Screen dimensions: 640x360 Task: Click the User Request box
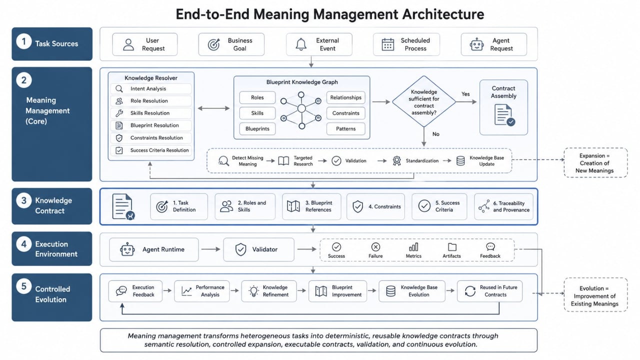(x=145, y=44)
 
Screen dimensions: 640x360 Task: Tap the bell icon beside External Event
(x=301, y=44)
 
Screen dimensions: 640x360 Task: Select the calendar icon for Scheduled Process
(x=387, y=44)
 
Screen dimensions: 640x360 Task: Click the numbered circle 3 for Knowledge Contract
(x=23, y=200)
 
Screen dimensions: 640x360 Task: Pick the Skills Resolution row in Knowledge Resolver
(x=151, y=113)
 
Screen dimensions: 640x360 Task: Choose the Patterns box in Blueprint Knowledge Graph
(x=345, y=128)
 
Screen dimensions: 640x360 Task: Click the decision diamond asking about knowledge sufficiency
(x=423, y=101)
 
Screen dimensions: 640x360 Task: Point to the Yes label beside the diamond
(x=465, y=94)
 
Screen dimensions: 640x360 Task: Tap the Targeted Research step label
(x=303, y=161)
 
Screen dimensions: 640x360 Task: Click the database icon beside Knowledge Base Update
(x=460, y=161)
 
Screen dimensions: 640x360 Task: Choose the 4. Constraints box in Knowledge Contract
(x=375, y=206)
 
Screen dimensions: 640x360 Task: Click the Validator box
(x=258, y=249)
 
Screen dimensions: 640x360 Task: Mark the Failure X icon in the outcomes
(x=375, y=247)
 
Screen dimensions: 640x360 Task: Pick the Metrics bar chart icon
(x=413, y=247)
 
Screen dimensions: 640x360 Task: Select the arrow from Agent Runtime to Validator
(x=210, y=249)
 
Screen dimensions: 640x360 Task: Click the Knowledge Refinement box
(x=269, y=291)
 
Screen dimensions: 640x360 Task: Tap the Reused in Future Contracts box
(x=489, y=291)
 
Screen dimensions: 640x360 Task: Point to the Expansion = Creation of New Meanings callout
(x=595, y=163)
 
